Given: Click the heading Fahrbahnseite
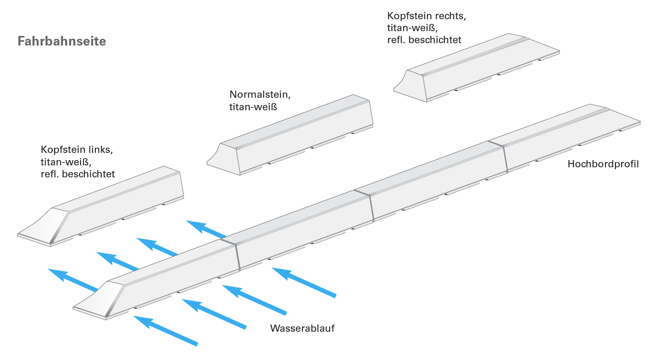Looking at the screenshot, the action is click(62, 41).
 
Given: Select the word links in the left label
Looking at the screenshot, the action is click(103, 150).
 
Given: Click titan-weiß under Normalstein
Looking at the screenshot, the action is click(253, 107).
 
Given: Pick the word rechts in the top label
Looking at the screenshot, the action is click(451, 16).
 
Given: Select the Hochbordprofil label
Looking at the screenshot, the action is click(603, 164).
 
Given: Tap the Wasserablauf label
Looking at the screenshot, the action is click(302, 328).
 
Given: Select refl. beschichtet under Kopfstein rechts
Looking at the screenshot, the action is click(424, 40).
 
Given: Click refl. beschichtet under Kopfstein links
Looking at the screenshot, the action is click(78, 174).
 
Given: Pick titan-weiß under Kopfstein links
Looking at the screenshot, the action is click(66, 162).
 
